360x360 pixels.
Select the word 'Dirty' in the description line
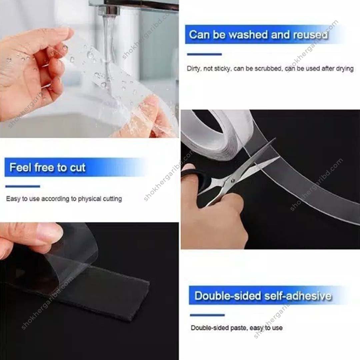(x=193, y=69)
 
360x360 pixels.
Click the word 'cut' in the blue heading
(x=78, y=168)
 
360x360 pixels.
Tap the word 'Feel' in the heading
(x=20, y=167)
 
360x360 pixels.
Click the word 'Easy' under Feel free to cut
(x=13, y=199)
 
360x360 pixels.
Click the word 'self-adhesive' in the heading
(x=298, y=296)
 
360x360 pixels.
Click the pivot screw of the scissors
(x=233, y=181)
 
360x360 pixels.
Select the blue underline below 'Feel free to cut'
(x=23, y=186)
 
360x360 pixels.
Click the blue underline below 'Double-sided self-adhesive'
(x=207, y=315)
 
